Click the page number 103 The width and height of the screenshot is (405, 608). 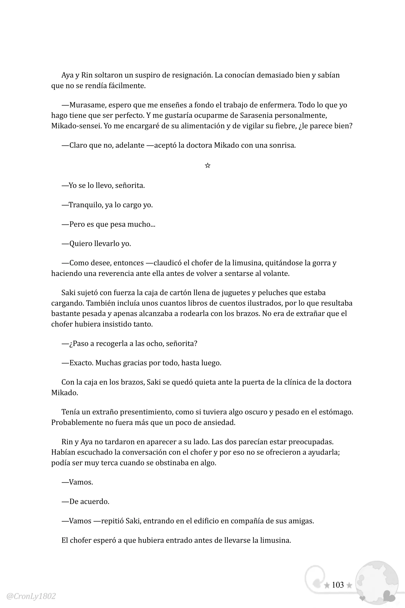click(x=338, y=585)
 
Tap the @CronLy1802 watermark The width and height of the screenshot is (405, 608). click(x=31, y=596)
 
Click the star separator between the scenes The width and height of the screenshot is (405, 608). click(x=208, y=165)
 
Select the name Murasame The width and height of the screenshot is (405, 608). click(x=86, y=105)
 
